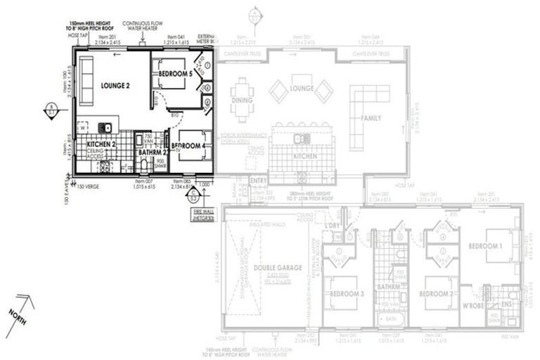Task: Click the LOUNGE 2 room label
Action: tap(115, 86)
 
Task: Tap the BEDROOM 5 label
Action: tap(175, 74)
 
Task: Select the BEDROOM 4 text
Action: tap(188, 146)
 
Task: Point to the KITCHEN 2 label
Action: tap(101, 144)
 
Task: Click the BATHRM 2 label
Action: tap(153, 151)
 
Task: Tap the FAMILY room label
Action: tap(371, 118)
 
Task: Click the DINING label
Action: tap(242, 101)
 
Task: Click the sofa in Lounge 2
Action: tap(86, 72)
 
